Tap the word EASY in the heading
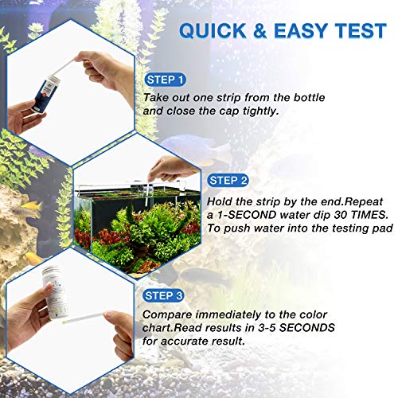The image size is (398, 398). point(302,31)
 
